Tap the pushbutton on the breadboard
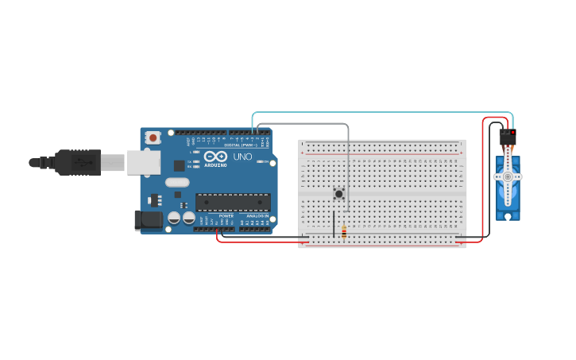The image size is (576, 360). [339, 193]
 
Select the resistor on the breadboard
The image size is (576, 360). [343, 232]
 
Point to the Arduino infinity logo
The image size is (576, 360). [215, 157]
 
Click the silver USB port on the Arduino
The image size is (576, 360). [143, 162]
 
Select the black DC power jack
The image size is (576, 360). [149, 220]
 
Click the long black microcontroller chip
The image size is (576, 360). [233, 203]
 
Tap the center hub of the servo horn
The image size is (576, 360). [507, 177]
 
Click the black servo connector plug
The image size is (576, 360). [507, 137]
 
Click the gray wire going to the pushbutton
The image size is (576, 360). [347, 159]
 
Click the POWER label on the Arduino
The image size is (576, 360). [226, 215]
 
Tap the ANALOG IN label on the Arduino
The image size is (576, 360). [257, 215]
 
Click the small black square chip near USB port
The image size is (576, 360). [179, 165]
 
